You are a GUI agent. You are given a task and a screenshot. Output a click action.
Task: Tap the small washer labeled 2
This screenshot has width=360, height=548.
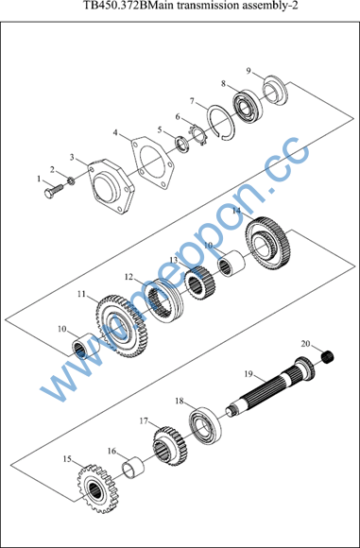click(71, 181)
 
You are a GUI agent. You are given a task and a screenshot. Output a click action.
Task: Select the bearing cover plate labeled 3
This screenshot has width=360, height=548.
click(111, 186)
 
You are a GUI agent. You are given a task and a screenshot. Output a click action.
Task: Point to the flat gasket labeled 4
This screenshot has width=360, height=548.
click(152, 162)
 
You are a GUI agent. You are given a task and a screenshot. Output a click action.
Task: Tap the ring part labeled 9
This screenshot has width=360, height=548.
click(275, 89)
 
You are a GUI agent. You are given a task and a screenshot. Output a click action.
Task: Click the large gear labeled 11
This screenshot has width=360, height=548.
click(122, 326)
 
